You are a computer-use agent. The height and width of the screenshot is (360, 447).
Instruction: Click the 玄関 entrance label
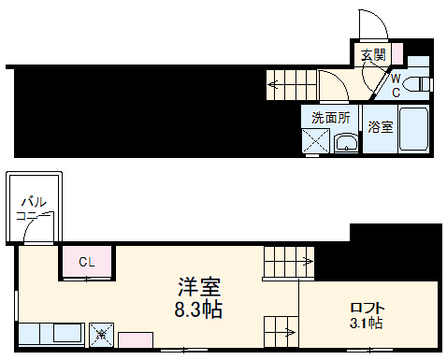tap(372, 55)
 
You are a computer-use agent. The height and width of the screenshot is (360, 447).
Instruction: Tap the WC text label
tap(396, 85)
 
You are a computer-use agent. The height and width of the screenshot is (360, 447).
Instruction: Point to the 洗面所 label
tap(330, 118)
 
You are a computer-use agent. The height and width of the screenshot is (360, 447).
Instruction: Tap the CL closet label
tap(86, 262)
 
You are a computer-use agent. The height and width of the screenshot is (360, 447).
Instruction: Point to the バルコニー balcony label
tap(33, 208)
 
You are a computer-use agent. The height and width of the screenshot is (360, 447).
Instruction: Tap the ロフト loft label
tap(368, 308)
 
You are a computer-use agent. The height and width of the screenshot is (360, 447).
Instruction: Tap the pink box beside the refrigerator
tap(134, 339)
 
